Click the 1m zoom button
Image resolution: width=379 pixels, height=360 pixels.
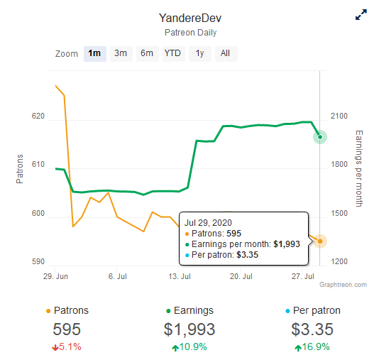95,54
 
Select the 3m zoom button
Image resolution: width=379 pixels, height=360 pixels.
121,54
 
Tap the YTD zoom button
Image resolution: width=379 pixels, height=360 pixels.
174,54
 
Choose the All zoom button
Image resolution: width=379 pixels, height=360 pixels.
226,54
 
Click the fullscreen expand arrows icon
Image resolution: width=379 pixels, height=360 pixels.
361,15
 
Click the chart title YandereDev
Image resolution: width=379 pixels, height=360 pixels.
190,18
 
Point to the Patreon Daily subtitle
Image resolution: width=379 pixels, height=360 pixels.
190,33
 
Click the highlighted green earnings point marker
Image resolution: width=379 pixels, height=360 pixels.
320,137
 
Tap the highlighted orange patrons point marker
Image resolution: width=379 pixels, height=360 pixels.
320,241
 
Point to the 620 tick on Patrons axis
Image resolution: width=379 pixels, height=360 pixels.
38,116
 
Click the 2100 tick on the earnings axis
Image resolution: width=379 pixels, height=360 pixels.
339,116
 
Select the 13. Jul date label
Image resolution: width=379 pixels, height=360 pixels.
180,276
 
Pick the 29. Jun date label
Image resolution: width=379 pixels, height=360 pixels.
55,276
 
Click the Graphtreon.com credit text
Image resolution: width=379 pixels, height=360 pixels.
343,285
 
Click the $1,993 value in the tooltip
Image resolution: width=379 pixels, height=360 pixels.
287,244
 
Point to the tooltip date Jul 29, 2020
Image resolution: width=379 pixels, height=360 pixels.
208,223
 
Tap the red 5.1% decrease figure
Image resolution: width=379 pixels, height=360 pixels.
67,347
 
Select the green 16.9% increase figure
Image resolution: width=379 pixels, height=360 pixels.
312,347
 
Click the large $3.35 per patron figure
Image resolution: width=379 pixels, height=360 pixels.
312,329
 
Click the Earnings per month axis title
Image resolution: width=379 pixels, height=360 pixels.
359,168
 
